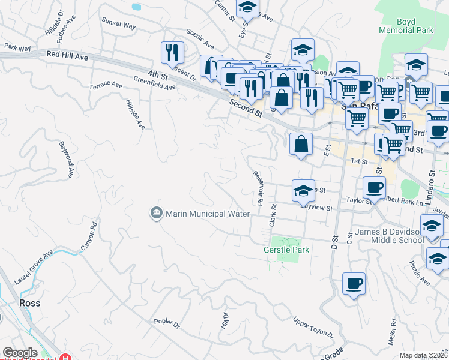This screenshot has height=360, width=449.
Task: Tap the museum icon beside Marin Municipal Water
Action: point(156,213)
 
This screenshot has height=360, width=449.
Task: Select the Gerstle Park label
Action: point(286,250)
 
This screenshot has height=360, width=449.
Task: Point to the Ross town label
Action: point(29,303)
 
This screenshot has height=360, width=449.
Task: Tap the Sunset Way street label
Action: point(118,25)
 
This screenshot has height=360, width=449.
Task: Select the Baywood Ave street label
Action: point(67,160)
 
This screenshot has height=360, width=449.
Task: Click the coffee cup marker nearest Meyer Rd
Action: point(354,283)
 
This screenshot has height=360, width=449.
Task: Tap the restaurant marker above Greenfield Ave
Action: point(172,52)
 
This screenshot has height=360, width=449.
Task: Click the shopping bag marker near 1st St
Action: point(301,144)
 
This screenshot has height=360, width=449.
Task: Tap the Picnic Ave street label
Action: point(420,272)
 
